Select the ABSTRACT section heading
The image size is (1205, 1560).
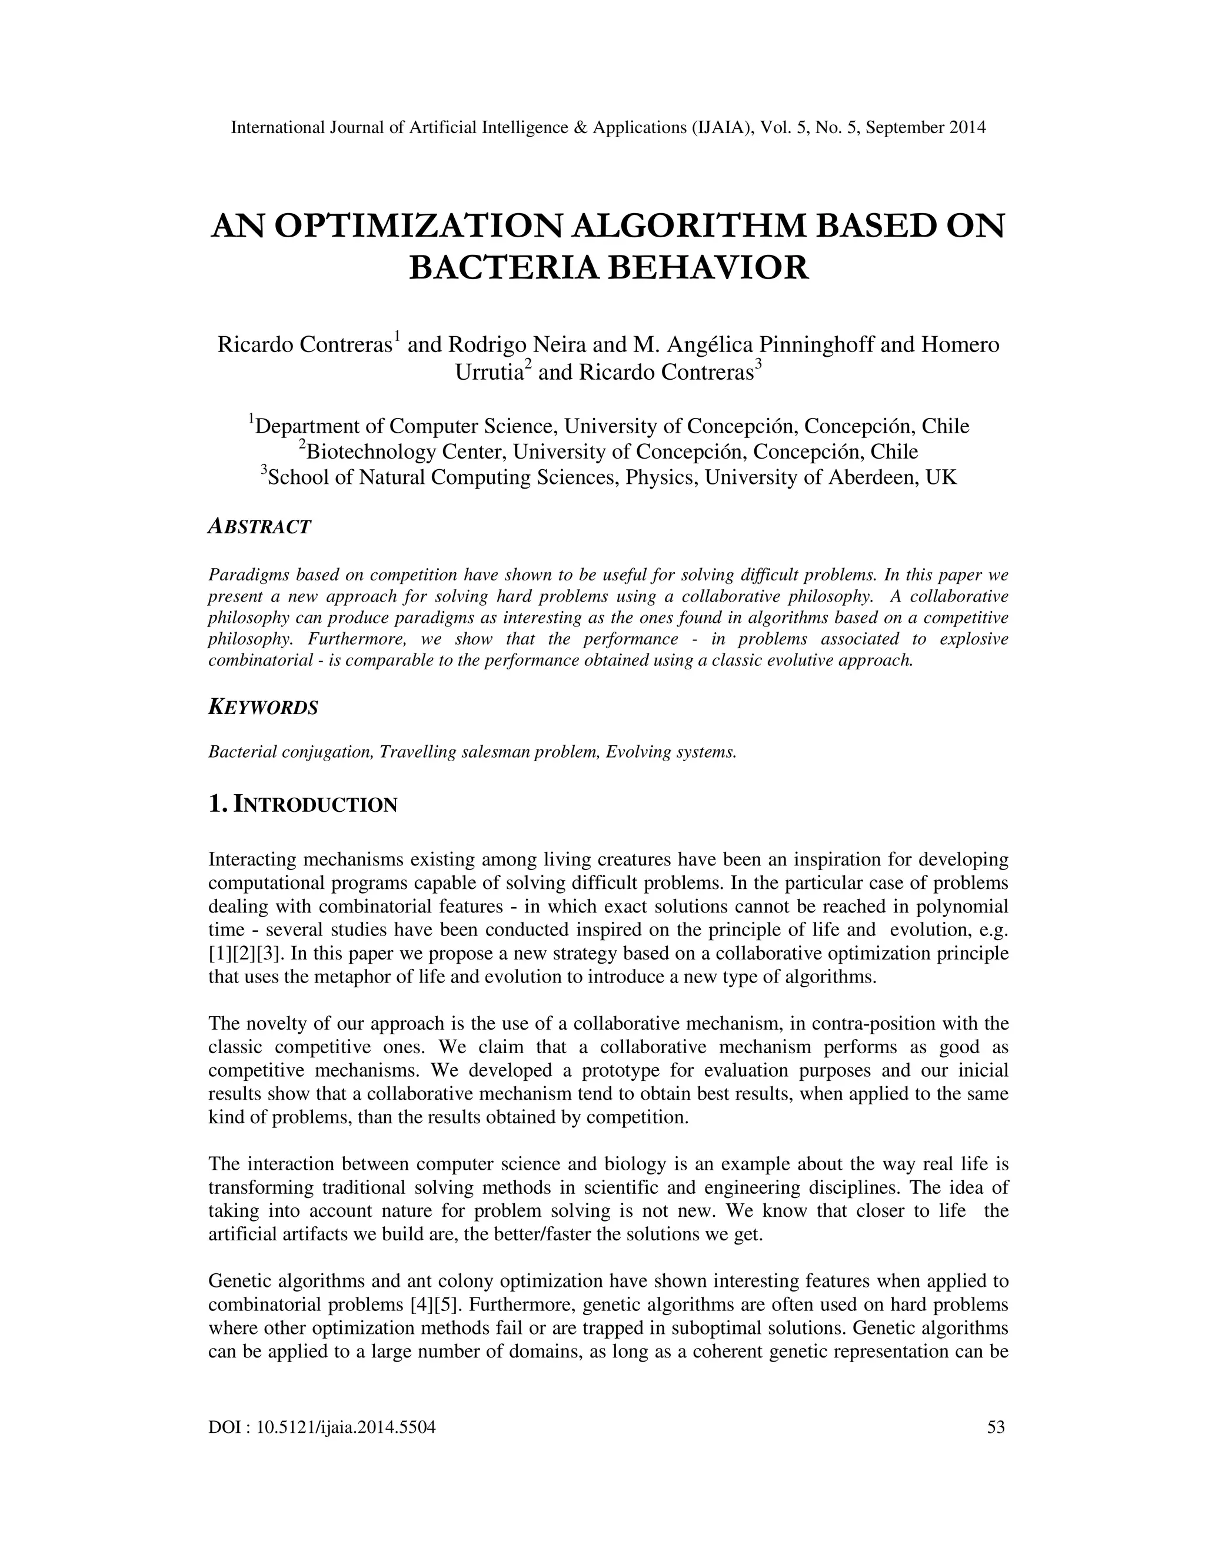point(260,527)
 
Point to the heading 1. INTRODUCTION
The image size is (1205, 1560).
point(302,805)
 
